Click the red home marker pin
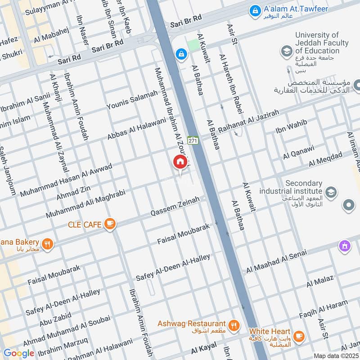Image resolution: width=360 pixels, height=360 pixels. (x=180, y=162)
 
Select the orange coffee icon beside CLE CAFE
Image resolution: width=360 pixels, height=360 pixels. (x=109, y=223)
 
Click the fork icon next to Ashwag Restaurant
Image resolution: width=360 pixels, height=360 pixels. (x=234, y=325)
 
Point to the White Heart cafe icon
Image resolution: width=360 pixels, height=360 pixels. (x=298, y=336)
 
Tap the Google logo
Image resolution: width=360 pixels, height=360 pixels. (x=19, y=353)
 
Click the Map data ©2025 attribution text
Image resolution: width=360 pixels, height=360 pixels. (x=336, y=355)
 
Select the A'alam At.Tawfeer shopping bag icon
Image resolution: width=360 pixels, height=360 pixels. (x=255, y=10)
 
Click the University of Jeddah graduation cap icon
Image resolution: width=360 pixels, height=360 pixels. (x=286, y=52)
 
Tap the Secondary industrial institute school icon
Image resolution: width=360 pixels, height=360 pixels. (x=331, y=193)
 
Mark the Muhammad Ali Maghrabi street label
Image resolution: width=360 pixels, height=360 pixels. (x=85, y=204)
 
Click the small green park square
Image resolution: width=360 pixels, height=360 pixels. (x=193, y=45)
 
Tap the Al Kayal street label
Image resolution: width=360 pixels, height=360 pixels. (x=203, y=348)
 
